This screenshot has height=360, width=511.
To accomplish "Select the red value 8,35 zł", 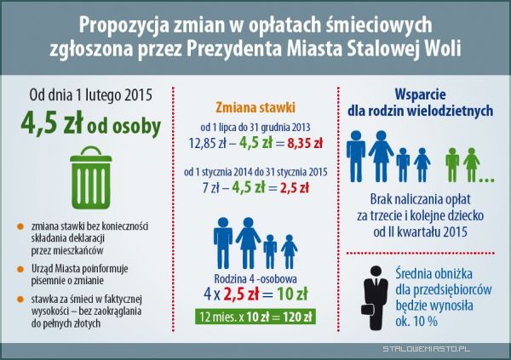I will point(304,143).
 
